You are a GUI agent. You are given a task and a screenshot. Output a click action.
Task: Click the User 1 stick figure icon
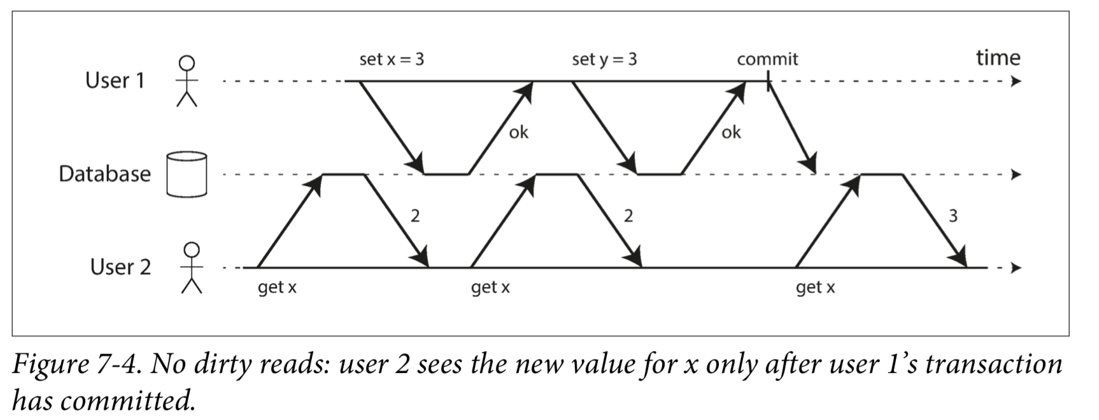point(187,81)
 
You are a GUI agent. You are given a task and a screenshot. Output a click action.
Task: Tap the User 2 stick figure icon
point(192,267)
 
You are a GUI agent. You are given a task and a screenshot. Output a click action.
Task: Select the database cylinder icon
point(187,174)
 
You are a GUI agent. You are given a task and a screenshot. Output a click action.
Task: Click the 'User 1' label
point(115,80)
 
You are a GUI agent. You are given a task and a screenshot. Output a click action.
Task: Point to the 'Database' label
point(105,174)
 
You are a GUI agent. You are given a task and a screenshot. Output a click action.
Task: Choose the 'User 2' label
point(120,267)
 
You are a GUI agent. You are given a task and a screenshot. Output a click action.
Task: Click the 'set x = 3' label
point(392,59)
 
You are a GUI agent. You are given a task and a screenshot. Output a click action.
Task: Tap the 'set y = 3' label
point(604,59)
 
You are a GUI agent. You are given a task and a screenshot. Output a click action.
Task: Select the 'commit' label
point(767,59)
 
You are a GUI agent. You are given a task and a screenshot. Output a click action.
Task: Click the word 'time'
point(998,58)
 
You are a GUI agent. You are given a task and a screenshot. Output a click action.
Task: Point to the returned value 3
point(953,216)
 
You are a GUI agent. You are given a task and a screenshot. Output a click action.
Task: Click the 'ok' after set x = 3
point(518,132)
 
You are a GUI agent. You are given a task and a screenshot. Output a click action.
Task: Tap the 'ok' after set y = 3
point(731,132)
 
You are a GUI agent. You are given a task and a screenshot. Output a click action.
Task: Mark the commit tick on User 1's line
point(768,81)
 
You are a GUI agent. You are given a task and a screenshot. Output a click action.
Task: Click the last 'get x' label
point(815,288)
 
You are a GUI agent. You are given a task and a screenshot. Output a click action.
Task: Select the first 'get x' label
point(277,288)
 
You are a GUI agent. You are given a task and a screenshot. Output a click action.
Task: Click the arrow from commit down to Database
point(791,127)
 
